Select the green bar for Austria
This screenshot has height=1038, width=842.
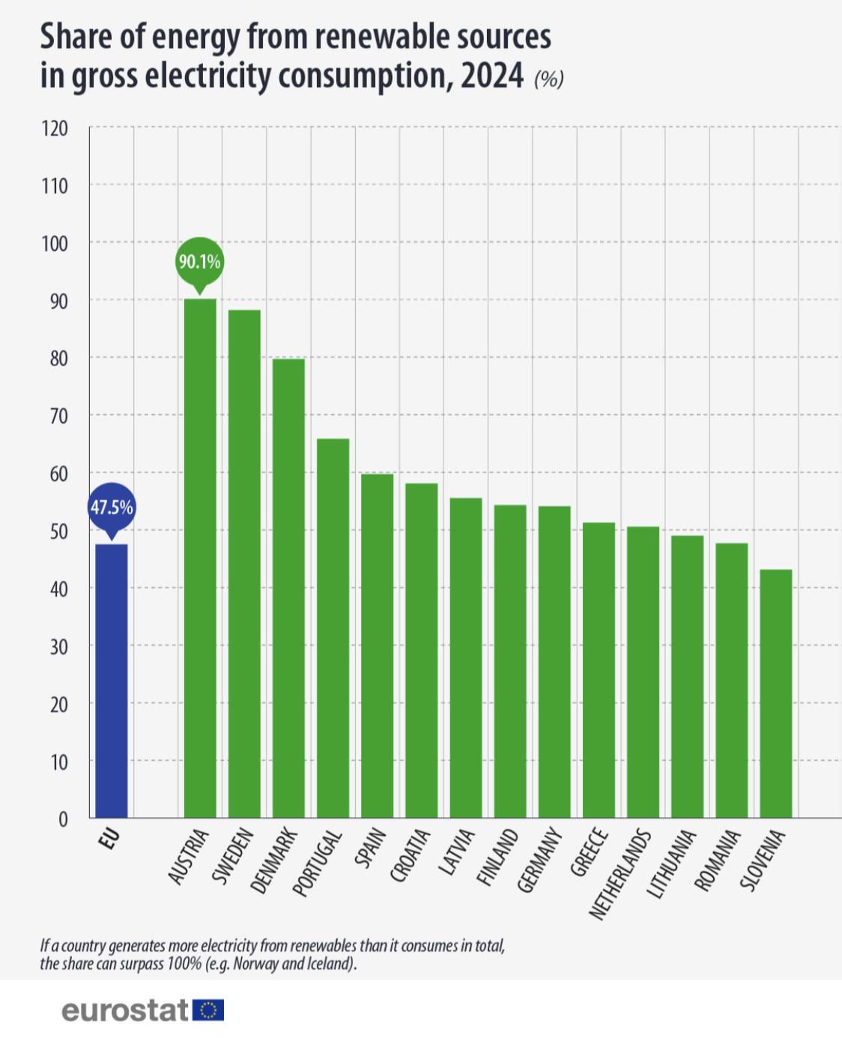[200, 558]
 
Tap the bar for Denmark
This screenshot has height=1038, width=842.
[288, 588]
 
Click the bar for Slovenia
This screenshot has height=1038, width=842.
[775, 693]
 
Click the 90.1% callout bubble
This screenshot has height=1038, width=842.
[199, 262]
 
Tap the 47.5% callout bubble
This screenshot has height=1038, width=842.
[112, 507]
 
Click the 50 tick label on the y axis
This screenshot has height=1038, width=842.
[58, 531]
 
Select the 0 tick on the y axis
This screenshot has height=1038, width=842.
[63, 819]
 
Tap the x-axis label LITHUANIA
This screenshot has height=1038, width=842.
[671, 864]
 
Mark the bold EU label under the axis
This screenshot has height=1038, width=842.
[109, 840]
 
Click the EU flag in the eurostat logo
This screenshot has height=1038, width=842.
[208, 1010]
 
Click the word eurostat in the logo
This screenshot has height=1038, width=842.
[124, 1010]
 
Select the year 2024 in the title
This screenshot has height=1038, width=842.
[491, 76]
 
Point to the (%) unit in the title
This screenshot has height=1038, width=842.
[548, 79]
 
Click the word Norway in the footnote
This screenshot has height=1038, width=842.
[253, 963]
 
